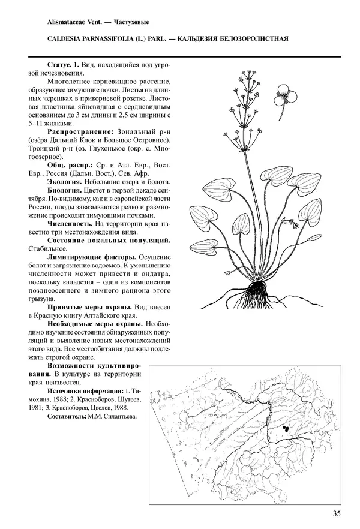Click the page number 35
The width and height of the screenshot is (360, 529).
(337, 513)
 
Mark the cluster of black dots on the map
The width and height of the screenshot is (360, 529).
(286, 428)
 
